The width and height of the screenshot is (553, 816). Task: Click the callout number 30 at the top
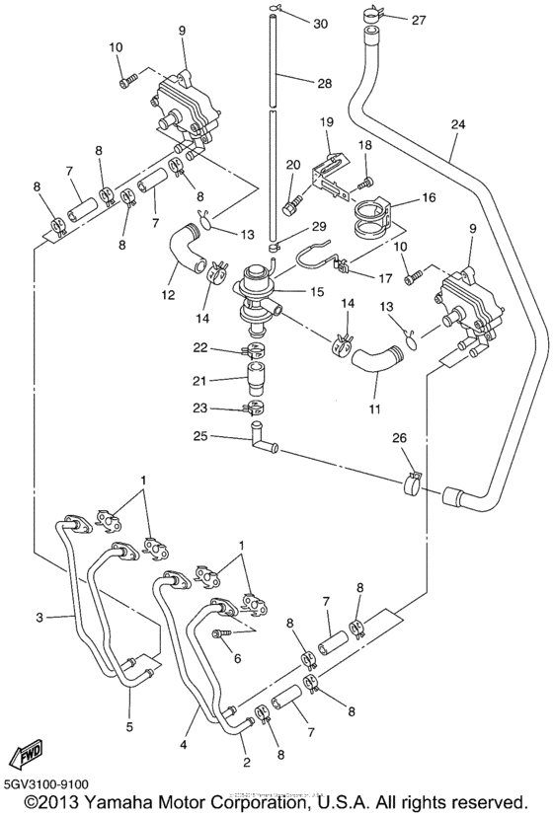319,23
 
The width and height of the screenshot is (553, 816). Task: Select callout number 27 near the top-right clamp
419,20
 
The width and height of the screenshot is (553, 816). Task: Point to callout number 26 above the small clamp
401,438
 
